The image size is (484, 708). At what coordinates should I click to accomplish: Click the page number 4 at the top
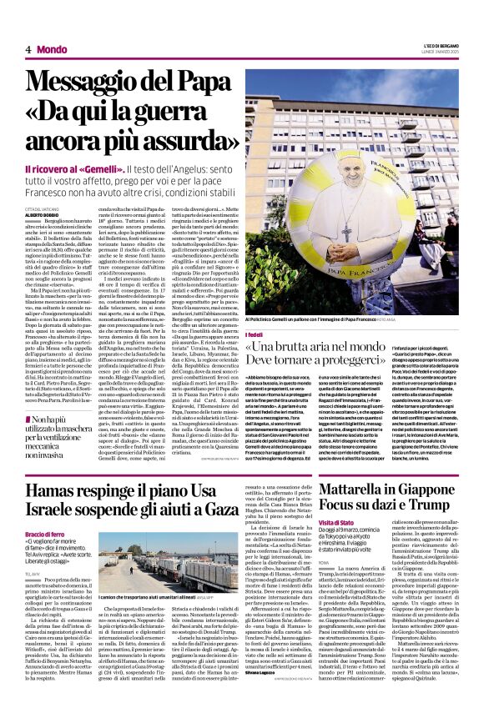[x=28, y=50]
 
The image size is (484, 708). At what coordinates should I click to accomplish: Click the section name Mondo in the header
[x=53, y=50]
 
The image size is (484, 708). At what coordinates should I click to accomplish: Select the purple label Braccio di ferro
[x=45, y=534]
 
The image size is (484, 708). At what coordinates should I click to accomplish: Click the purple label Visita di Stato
[x=335, y=522]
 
